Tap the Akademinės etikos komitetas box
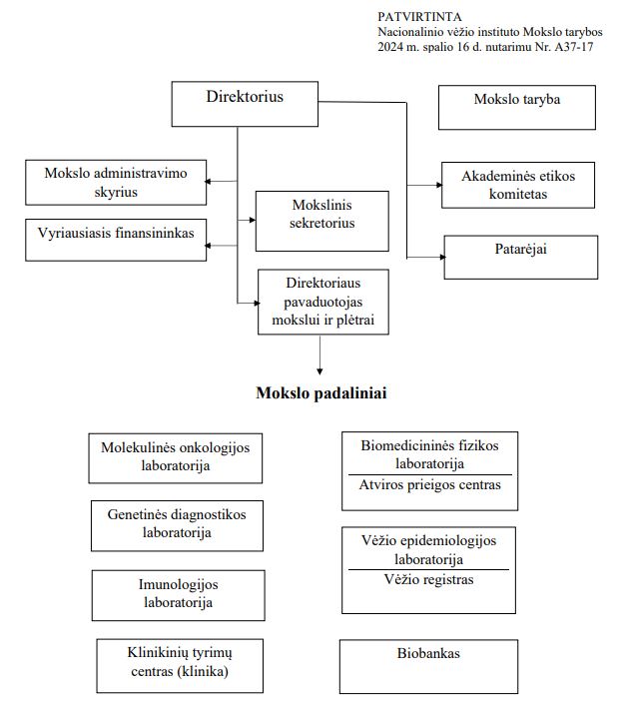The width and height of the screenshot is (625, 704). [x=518, y=185]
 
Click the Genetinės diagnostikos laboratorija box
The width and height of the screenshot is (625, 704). [x=176, y=523]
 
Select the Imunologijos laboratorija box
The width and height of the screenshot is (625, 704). [x=177, y=593]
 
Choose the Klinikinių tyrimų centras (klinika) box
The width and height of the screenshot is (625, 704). [x=180, y=663]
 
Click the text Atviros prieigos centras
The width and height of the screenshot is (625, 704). [x=428, y=486]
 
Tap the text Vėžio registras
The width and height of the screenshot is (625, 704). [x=429, y=580]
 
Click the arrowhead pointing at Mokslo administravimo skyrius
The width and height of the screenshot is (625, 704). [x=211, y=182]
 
